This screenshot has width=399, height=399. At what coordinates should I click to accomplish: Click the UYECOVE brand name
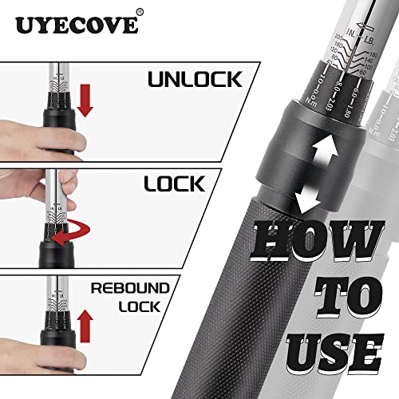tap(76, 26)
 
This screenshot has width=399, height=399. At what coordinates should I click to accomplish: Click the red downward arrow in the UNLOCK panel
tap(87, 101)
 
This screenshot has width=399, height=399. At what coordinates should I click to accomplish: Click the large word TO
tap(335, 296)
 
